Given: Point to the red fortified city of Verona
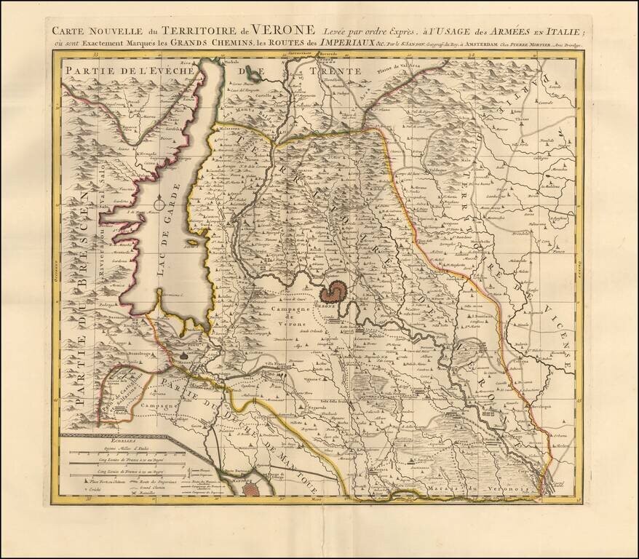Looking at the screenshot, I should coord(334,293).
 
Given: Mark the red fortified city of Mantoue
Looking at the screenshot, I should coord(250,491).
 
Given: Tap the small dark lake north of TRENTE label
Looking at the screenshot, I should coord(253,72).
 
